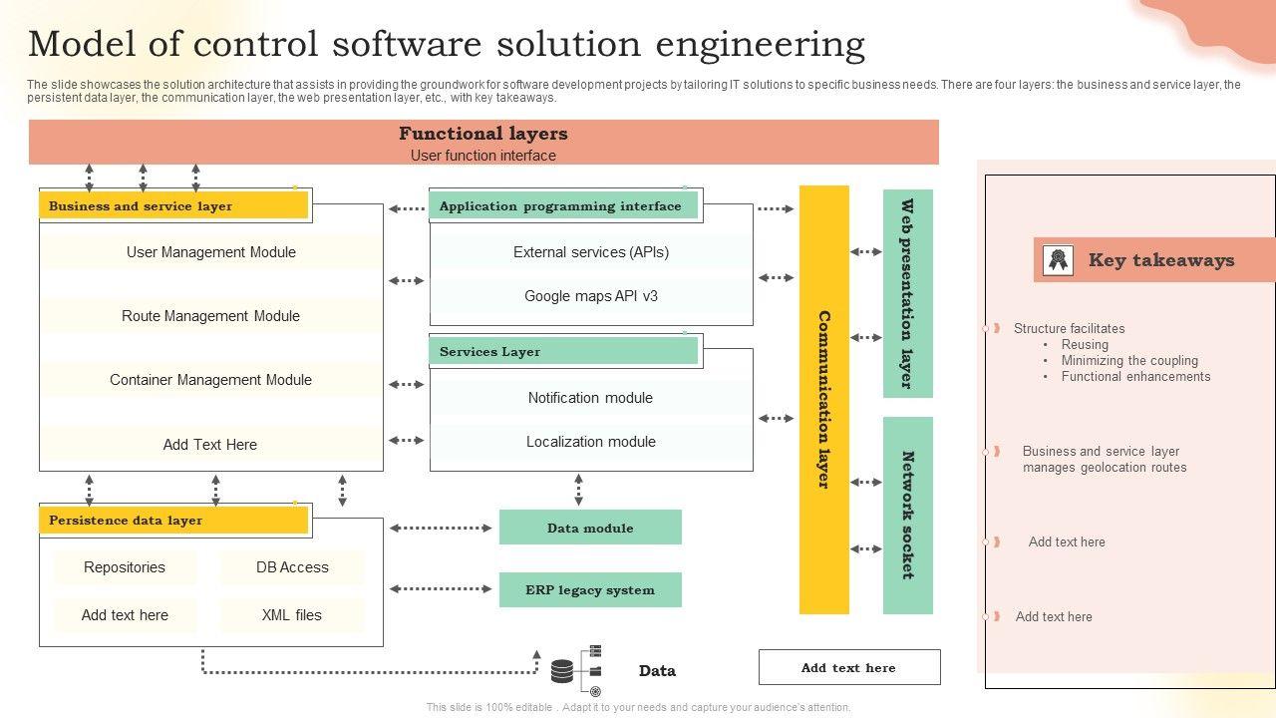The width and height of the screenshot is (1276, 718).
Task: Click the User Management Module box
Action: click(211, 252)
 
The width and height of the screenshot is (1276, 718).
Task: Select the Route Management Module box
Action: click(211, 316)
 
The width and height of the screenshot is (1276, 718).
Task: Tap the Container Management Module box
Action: click(211, 380)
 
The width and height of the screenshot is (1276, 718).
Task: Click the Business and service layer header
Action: click(173, 206)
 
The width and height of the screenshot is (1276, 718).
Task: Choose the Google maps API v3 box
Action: click(591, 296)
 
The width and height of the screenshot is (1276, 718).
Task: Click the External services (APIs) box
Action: click(591, 252)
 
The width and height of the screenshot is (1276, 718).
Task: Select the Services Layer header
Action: click(564, 351)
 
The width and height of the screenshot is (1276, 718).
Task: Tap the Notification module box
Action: click(591, 398)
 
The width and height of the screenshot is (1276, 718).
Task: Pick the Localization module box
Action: click(591, 442)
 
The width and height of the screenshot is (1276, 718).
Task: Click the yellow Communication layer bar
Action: click(824, 399)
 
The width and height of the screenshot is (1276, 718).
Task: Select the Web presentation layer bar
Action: click(908, 293)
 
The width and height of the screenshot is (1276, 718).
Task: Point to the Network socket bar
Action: click(908, 515)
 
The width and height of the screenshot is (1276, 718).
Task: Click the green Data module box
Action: click(590, 528)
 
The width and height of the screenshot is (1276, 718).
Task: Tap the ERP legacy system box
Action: click(590, 589)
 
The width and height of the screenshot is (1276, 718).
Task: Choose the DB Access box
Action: click(292, 567)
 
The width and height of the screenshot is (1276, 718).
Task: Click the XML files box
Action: click(292, 615)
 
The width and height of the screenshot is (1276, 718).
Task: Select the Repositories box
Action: click(125, 567)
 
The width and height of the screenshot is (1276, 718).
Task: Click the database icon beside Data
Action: click(563, 670)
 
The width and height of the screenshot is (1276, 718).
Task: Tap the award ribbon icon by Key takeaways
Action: click(1058, 260)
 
